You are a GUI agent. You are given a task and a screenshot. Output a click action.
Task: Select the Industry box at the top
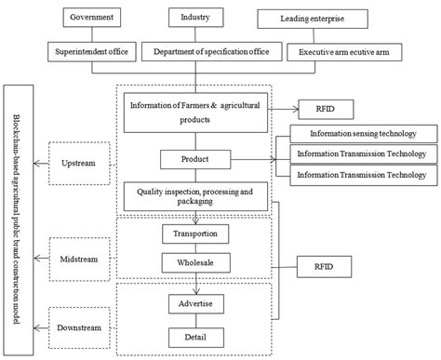196,17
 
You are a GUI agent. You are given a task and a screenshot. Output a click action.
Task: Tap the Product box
196,160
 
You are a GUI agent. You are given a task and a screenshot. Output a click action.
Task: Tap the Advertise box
196,303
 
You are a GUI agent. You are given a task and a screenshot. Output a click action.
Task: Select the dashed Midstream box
78,250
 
